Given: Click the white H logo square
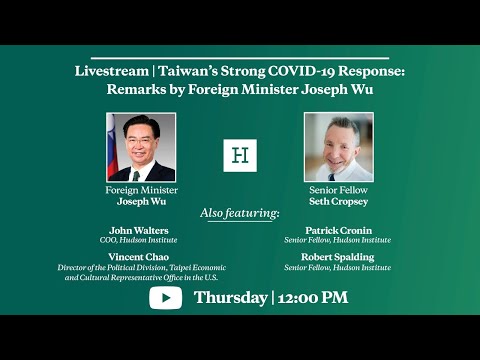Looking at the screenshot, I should [240, 155].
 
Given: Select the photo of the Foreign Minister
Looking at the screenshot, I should [141, 147].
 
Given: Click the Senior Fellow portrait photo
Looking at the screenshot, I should [338, 147].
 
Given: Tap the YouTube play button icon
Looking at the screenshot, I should [165, 297].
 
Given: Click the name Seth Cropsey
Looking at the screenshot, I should [338, 200].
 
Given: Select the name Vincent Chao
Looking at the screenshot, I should [139, 256].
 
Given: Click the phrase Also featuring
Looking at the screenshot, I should [240, 213].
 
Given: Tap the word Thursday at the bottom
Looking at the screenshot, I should [230, 297].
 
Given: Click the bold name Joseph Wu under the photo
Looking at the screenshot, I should [141, 200].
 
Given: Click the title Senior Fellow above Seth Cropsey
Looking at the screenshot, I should [338, 189].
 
